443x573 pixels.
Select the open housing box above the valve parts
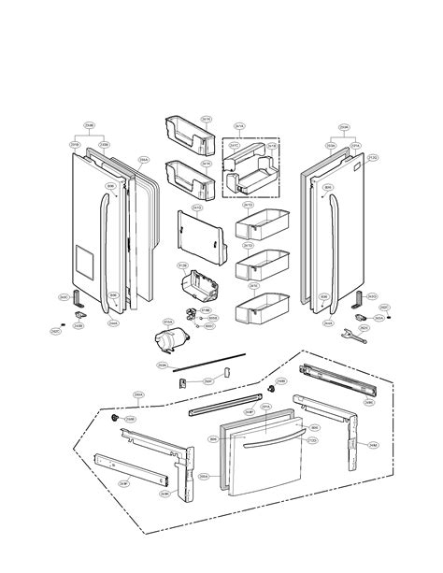click(x=205, y=284)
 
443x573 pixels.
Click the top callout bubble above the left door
click(x=90, y=126)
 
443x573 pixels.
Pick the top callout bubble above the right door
click(x=345, y=127)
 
